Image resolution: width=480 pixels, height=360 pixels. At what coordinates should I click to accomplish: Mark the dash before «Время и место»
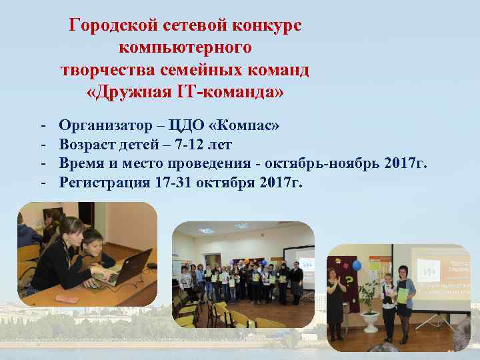(x=43, y=163)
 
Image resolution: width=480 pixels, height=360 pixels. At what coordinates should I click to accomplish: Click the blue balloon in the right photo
(x=356, y=265)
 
